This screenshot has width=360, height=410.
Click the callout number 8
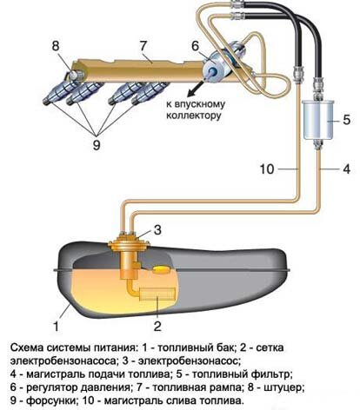pyautogui.click(x=55, y=45)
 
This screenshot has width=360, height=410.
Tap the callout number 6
pyautogui.click(x=197, y=49)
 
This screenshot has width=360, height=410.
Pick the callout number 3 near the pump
pyautogui.click(x=157, y=230)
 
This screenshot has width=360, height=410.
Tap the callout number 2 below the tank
pyautogui.click(x=157, y=325)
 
